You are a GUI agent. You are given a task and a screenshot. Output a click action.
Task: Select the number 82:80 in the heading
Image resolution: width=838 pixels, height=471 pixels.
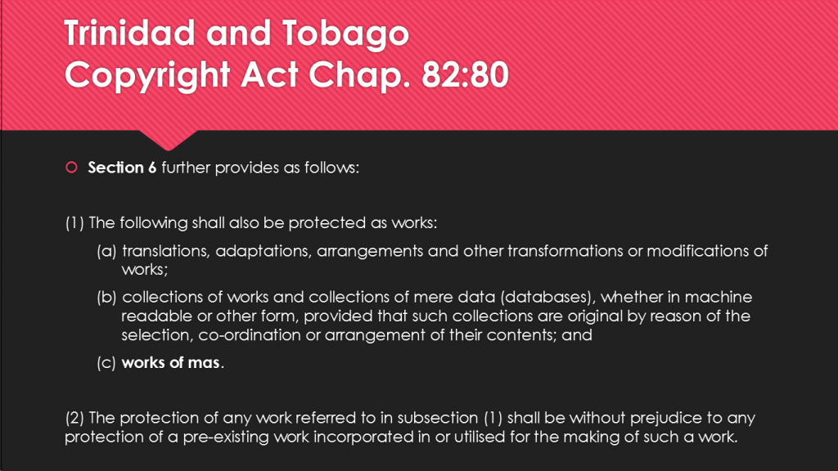[465, 74]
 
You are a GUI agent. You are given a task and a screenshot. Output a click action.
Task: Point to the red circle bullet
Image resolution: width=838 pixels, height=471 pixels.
[72, 168]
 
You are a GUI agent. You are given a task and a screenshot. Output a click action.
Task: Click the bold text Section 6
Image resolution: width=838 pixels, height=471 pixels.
[122, 168]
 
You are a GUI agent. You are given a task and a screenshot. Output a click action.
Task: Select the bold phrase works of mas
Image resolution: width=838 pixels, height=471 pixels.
[170, 362]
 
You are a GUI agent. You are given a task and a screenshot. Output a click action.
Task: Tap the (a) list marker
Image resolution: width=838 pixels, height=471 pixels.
[106, 251]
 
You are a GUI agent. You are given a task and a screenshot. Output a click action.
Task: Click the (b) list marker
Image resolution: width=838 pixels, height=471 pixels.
[106, 297]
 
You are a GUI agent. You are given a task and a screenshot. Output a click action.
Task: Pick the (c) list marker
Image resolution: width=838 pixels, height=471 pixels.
[106, 363]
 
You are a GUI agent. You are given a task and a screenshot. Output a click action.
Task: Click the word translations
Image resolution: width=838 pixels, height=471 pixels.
[165, 251]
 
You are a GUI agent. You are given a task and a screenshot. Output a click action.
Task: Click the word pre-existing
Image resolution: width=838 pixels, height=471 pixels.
[226, 437]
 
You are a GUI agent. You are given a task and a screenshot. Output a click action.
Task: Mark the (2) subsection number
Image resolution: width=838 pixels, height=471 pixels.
[74, 418]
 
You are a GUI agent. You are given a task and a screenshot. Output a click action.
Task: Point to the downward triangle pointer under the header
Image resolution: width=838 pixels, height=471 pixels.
[169, 140]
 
